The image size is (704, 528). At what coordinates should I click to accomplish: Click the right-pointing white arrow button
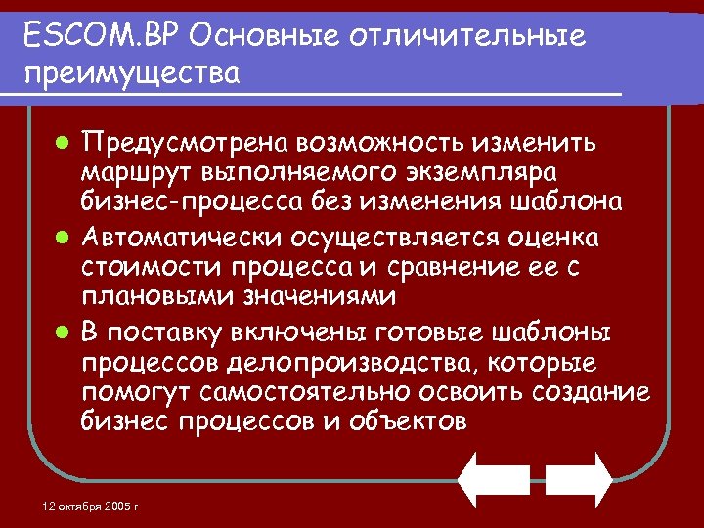point(579,478)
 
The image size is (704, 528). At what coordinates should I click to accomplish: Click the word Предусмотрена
point(186,144)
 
